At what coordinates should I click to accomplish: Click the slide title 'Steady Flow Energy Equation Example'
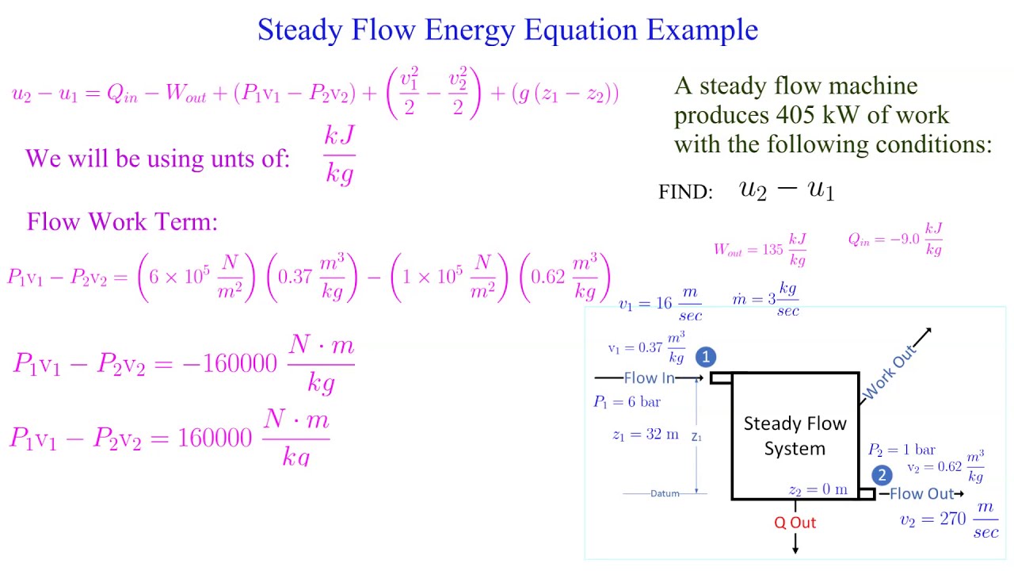(x=507, y=30)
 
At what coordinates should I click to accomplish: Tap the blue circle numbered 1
(x=706, y=358)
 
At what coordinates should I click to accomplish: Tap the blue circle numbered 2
(x=882, y=475)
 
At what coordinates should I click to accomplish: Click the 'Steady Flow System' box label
(x=795, y=436)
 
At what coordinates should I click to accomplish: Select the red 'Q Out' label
(x=795, y=523)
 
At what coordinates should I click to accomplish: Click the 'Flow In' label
(x=649, y=378)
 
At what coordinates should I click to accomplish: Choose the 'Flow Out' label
(x=921, y=494)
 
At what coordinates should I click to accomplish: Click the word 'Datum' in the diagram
(x=665, y=493)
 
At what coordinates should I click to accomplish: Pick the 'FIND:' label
(x=686, y=193)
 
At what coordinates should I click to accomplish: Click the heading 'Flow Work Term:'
(x=122, y=221)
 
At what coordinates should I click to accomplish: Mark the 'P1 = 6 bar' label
(x=627, y=402)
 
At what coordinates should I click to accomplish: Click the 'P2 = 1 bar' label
(x=902, y=450)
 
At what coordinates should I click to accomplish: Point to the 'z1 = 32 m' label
(x=646, y=435)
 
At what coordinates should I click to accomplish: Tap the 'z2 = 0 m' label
(x=818, y=490)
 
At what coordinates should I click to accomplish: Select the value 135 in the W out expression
(x=772, y=249)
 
